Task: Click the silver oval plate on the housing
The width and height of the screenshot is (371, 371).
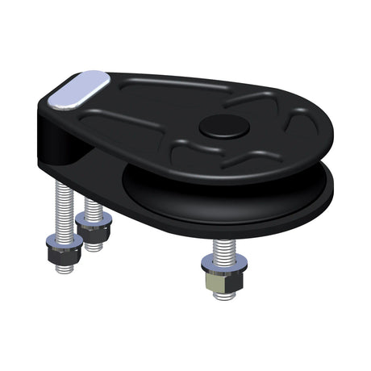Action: click(79, 89)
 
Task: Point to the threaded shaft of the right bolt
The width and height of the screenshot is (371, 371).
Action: click(223, 248)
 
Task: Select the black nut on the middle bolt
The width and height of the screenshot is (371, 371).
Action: click(94, 230)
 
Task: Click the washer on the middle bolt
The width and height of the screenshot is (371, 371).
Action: click(94, 217)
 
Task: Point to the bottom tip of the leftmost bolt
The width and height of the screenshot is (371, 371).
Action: click(65, 269)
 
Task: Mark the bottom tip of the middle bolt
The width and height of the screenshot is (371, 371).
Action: click(95, 245)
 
